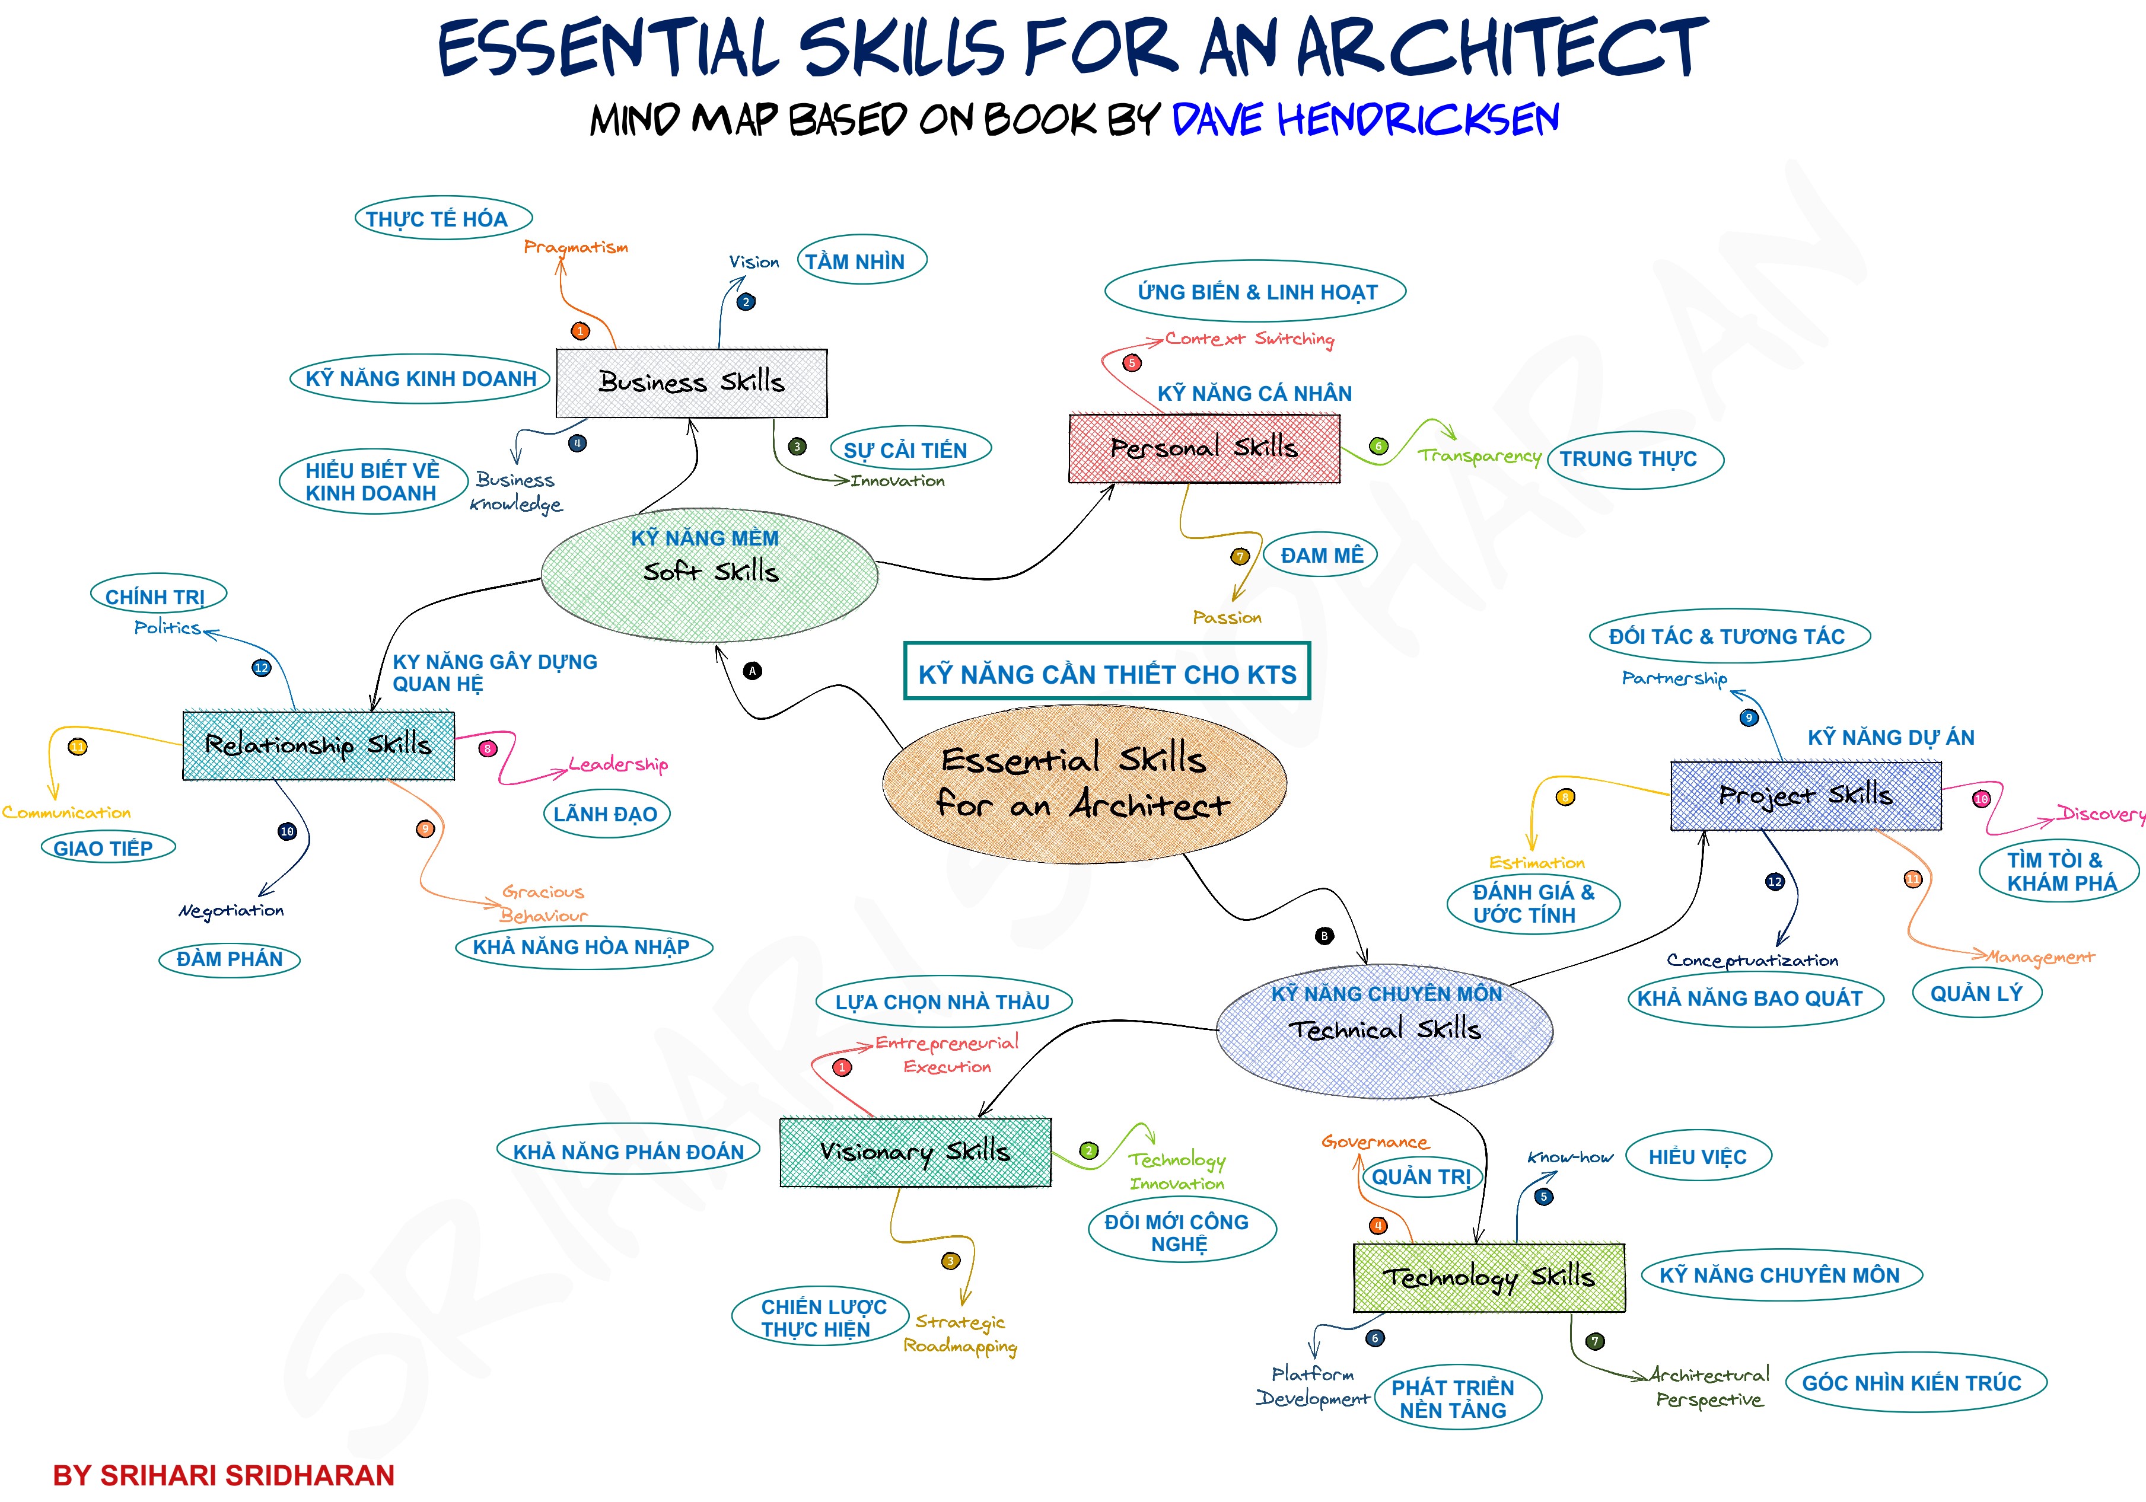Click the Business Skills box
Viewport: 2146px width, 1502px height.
click(692, 383)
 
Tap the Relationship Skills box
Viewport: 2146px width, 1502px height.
click(319, 745)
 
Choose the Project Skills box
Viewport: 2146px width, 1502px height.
click(1806, 795)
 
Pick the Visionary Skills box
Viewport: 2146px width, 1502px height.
click(915, 1152)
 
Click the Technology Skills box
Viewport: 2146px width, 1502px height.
click(1489, 1277)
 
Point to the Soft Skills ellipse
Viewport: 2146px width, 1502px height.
click(709, 575)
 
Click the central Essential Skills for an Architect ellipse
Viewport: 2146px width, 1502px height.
click(1084, 783)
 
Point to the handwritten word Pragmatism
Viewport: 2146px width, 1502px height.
click(576, 247)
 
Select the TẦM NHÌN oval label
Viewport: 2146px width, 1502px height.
click(862, 261)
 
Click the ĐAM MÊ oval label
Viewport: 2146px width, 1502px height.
click(1321, 555)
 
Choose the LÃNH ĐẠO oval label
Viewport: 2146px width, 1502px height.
click(607, 814)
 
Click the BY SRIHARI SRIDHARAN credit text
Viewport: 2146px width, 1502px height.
click(224, 1475)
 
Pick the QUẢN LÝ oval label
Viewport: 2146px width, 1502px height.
click(1976, 993)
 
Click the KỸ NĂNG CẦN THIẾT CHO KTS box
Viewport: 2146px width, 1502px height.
click(1107, 671)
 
